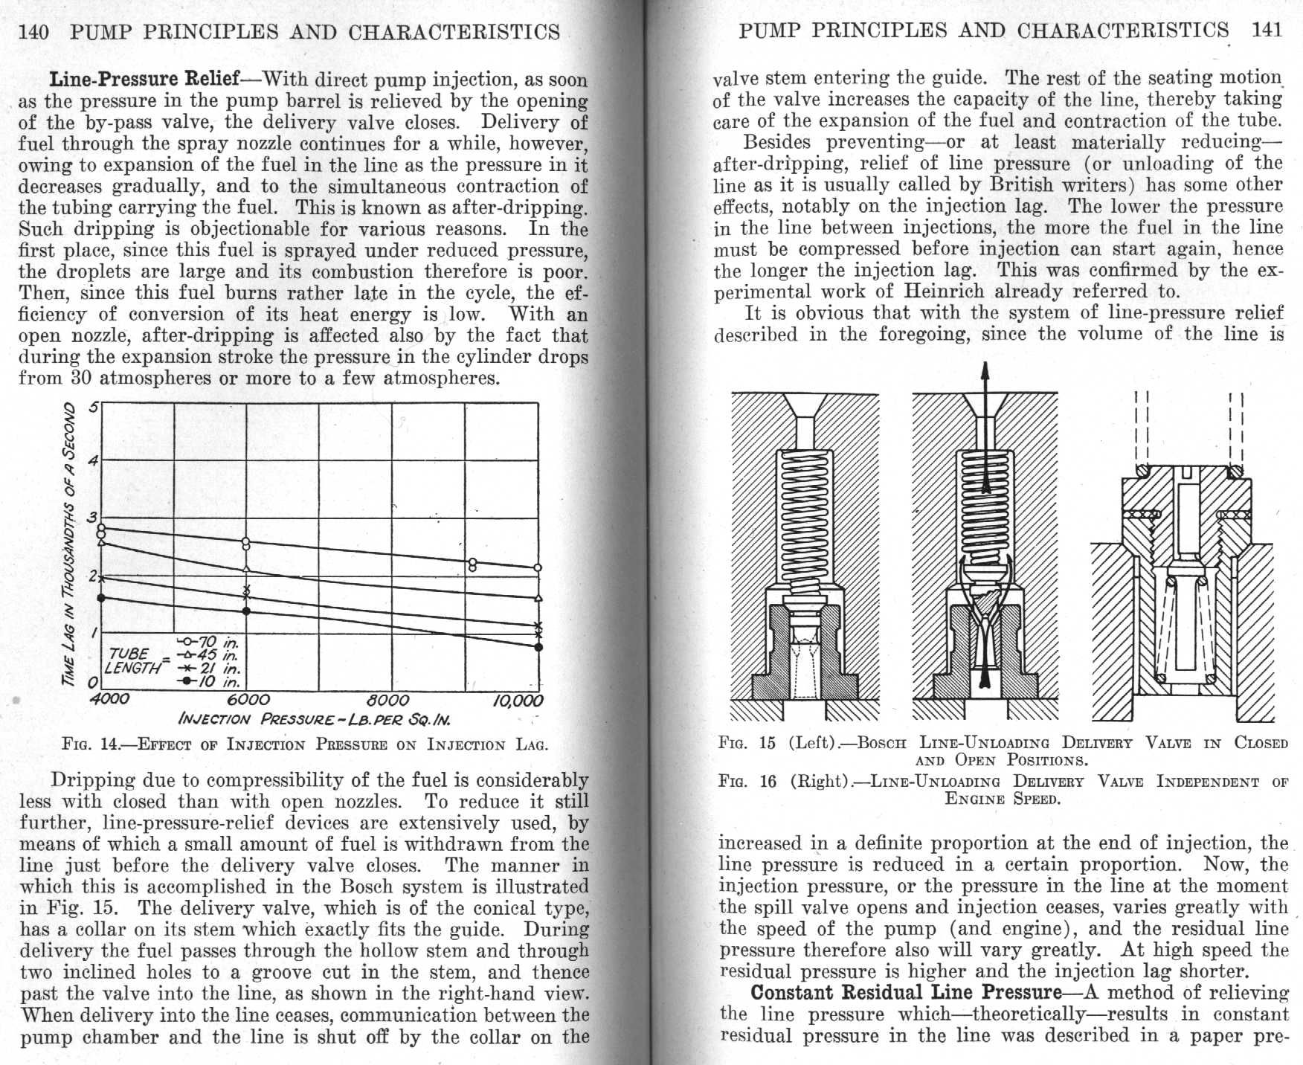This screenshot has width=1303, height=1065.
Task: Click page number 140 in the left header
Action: click(33, 32)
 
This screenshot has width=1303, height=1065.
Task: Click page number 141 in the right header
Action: click(1267, 30)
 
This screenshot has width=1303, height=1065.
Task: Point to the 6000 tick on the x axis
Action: click(247, 700)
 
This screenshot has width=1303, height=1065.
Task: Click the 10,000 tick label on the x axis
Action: click(518, 701)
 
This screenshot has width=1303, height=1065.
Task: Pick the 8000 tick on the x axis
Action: click(388, 700)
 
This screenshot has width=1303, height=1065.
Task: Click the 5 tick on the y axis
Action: click(93, 407)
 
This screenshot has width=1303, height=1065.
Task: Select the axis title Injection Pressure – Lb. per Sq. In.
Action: click(314, 720)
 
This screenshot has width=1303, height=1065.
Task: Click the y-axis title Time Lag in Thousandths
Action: click(69, 543)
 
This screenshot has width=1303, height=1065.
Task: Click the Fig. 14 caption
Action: click(305, 744)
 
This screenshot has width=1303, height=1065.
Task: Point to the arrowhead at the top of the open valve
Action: click(985, 370)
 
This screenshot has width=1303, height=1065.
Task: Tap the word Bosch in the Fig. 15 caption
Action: click(882, 743)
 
